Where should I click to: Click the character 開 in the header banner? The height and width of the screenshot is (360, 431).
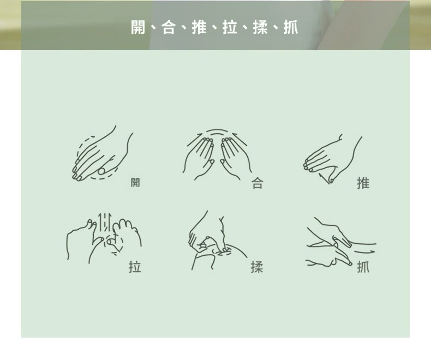tap(138, 27)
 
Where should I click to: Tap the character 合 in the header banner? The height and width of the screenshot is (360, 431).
tap(169, 27)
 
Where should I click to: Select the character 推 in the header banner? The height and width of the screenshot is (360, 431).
tap(199, 27)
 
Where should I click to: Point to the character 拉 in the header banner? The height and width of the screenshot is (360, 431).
tap(230, 27)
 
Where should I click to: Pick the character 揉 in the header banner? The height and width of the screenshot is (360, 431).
tap(260, 27)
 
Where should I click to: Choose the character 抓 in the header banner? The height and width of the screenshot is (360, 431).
tap(291, 27)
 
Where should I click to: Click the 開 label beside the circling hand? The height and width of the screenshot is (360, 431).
tap(135, 182)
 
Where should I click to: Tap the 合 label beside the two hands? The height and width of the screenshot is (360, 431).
tap(258, 183)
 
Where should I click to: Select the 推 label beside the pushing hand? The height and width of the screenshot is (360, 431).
tap(363, 183)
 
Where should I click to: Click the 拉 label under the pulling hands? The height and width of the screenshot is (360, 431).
tap(135, 267)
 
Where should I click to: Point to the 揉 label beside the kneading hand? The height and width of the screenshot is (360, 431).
tap(257, 267)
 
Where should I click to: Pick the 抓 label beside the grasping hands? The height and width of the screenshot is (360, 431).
tap(363, 267)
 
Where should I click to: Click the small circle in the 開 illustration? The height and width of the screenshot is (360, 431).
tap(101, 171)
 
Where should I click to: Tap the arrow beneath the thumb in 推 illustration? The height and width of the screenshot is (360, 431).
tap(325, 178)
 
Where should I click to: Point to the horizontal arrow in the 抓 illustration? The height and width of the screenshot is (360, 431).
tap(364, 251)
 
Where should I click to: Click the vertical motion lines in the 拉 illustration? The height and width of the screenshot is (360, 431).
tap(105, 222)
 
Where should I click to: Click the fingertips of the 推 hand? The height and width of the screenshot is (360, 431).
tap(308, 166)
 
